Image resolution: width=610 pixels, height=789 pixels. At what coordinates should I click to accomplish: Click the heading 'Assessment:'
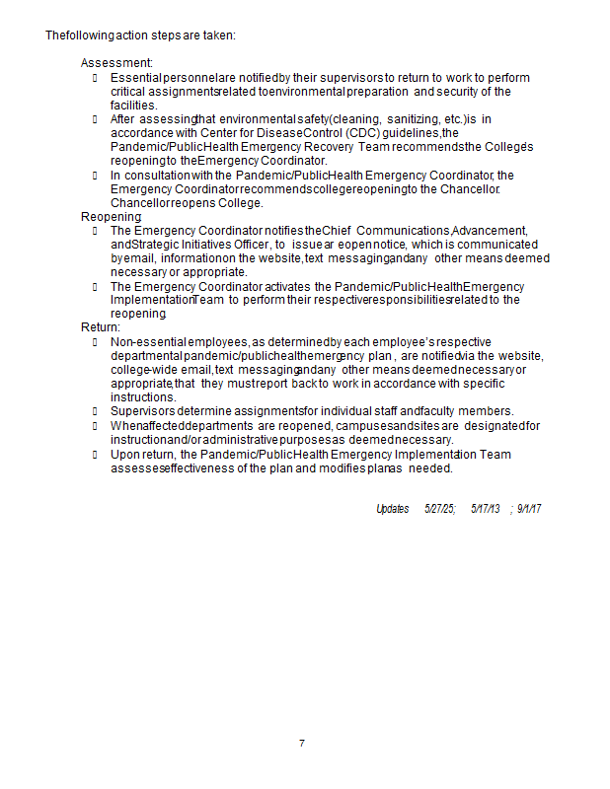tap(116, 63)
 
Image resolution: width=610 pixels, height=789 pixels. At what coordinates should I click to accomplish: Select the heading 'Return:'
tap(101, 326)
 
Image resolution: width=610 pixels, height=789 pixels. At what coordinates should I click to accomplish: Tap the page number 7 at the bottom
tap(302, 743)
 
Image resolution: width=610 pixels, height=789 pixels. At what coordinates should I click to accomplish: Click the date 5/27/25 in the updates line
tap(439, 509)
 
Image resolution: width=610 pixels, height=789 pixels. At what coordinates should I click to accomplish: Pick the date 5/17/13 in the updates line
tap(486, 509)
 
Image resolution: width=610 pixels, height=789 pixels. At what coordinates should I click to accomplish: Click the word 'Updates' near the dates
tap(392, 509)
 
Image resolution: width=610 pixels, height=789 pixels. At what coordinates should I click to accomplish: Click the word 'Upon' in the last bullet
tap(124, 455)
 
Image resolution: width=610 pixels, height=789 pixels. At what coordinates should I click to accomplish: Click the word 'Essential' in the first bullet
tap(135, 78)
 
